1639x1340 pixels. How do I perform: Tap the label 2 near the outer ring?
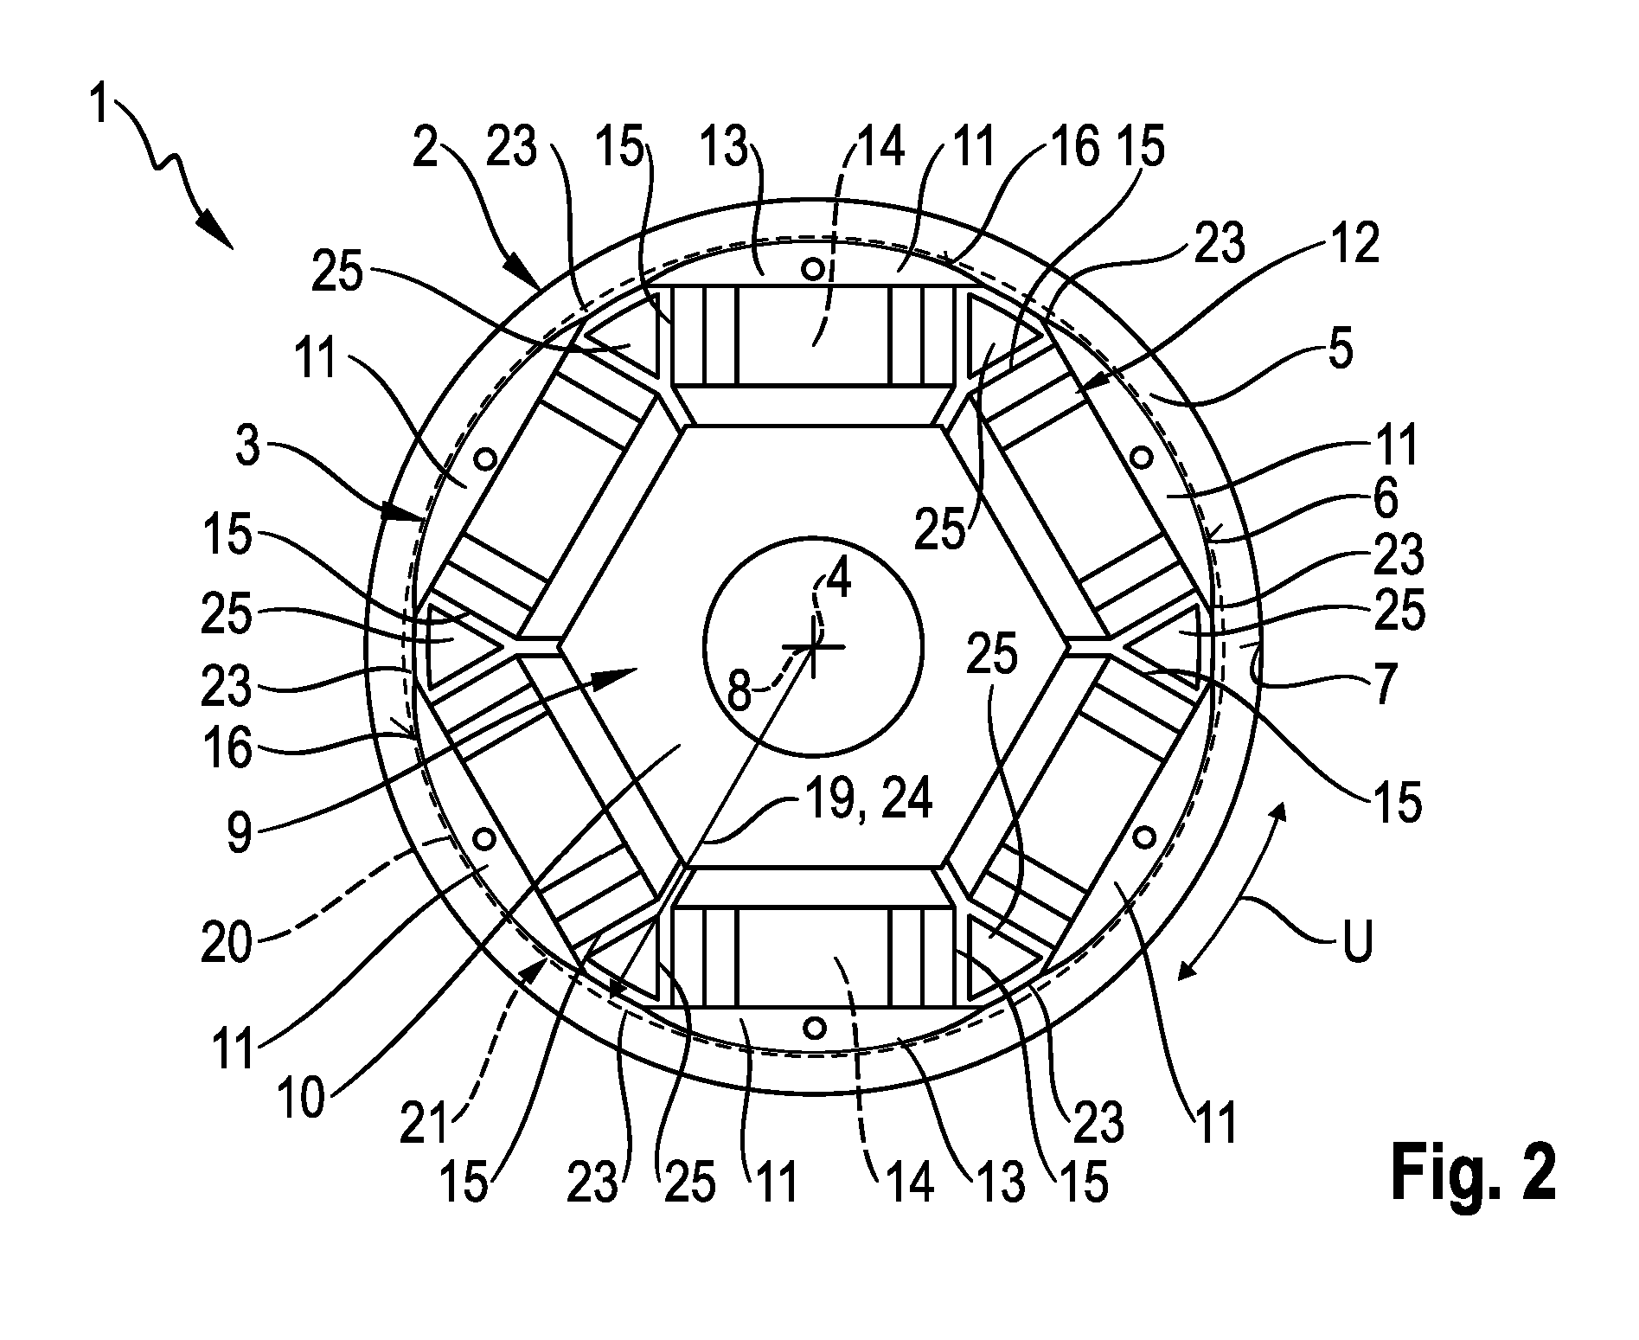(426, 148)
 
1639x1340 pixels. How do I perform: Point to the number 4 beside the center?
(837, 581)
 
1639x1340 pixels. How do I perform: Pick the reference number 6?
(1385, 500)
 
